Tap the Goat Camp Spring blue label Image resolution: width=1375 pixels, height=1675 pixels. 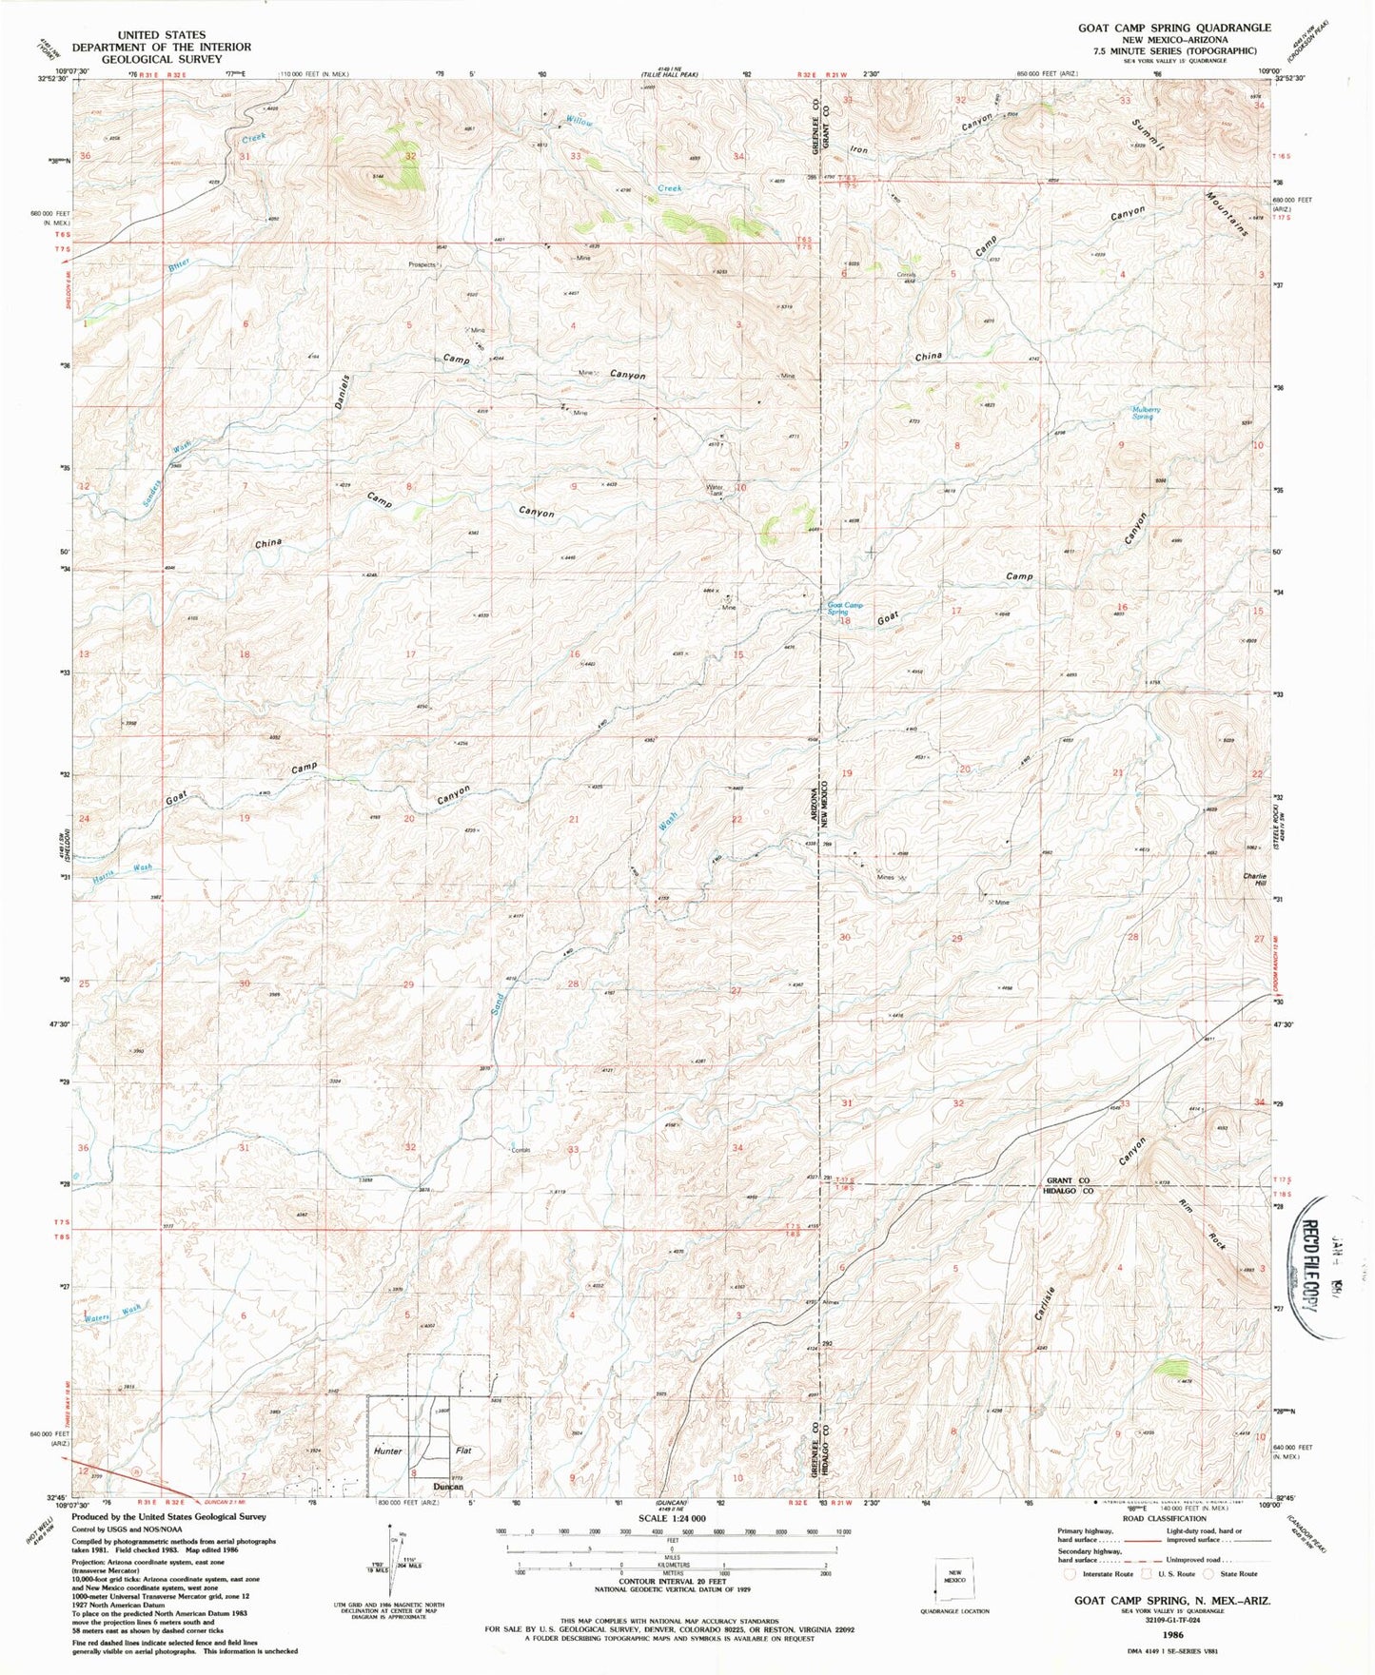tap(844, 609)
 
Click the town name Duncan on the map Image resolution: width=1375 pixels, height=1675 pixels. tap(448, 1486)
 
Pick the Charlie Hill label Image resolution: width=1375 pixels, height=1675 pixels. tap(1254, 880)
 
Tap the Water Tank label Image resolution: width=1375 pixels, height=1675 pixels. tap(715, 491)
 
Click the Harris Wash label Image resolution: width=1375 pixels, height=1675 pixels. tap(129, 867)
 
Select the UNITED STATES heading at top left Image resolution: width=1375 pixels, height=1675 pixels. tap(162, 34)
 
